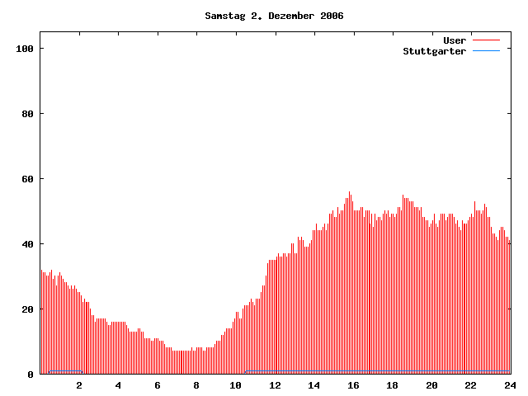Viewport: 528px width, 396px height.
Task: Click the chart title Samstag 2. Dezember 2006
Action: (274, 16)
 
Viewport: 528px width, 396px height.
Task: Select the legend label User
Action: (455, 40)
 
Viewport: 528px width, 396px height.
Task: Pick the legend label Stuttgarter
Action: (434, 51)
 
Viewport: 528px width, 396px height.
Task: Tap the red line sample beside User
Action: (487, 40)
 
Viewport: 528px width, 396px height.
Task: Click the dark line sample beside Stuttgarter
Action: (487, 51)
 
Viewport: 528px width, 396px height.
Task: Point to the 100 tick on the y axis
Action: (24, 49)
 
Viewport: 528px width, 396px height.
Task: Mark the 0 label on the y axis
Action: (31, 375)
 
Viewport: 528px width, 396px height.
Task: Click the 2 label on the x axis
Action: (79, 385)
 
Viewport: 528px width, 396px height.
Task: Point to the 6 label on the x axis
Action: (158, 385)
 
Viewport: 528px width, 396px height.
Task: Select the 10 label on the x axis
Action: (236, 385)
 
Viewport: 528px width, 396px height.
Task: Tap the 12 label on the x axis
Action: (275, 385)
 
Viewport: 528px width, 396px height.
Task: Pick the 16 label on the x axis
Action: (353, 385)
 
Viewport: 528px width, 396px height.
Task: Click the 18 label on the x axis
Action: (393, 385)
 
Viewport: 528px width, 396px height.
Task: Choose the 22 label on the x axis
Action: (470, 385)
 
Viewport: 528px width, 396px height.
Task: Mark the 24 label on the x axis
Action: (510, 385)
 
